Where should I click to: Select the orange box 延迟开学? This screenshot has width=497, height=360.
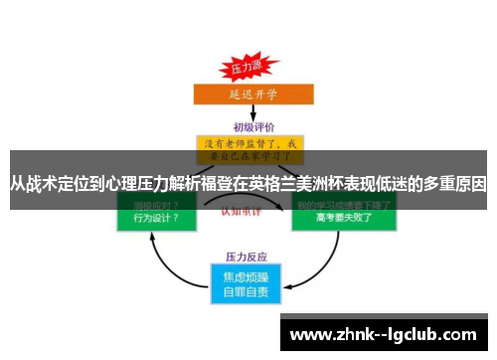249,96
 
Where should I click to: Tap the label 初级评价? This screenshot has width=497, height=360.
249,126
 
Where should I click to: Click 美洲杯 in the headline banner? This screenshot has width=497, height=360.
329,183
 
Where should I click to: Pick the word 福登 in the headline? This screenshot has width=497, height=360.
220,183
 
